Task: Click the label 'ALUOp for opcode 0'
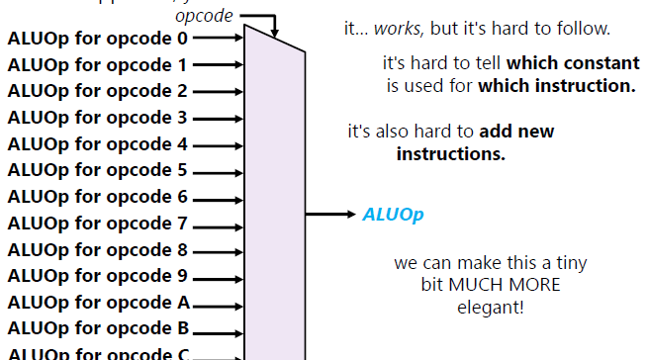(x=97, y=40)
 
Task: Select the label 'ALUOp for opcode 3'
(x=97, y=118)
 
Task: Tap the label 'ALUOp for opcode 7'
(x=97, y=224)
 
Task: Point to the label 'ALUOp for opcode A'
(x=98, y=303)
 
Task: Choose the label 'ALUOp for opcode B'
(x=98, y=328)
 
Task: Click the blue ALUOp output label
(x=393, y=214)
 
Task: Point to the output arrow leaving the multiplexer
(x=330, y=214)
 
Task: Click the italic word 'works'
(x=396, y=30)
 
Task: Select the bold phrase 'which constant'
(x=573, y=63)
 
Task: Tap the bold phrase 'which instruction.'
(x=557, y=85)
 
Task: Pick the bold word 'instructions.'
(x=451, y=154)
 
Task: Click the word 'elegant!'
(x=492, y=307)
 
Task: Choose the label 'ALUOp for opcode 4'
(x=97, y=144)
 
